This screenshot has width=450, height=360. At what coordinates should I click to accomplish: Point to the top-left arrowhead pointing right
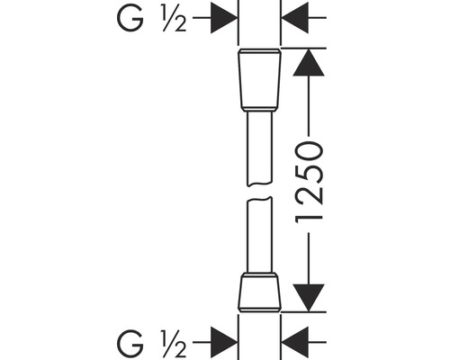pos(222,18)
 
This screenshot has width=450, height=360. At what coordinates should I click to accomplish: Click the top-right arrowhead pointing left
pos(294,18)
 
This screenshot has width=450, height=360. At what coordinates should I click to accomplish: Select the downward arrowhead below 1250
pos(308,295)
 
